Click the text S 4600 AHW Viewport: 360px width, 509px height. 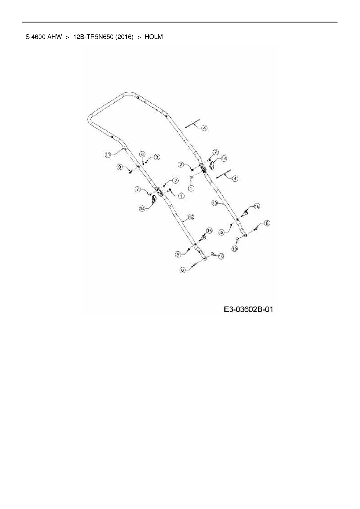(44, 37)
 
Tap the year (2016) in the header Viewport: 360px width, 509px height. (124, 37)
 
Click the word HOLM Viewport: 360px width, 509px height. (154, 37)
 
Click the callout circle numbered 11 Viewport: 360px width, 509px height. (108, 155)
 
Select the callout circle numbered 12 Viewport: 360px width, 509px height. (191, 217)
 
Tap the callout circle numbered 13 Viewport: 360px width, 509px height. (215, 203)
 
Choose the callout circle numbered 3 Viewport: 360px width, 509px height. (156, 157)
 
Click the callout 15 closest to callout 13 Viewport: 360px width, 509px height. (257, 206)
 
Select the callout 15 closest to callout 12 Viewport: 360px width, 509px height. (209, 230)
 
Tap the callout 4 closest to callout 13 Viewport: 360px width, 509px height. (235, 179)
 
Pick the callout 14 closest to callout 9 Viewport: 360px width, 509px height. (142, 208)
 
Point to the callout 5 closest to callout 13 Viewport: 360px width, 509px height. (222, 232)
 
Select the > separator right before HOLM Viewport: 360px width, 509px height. (139, 37)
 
